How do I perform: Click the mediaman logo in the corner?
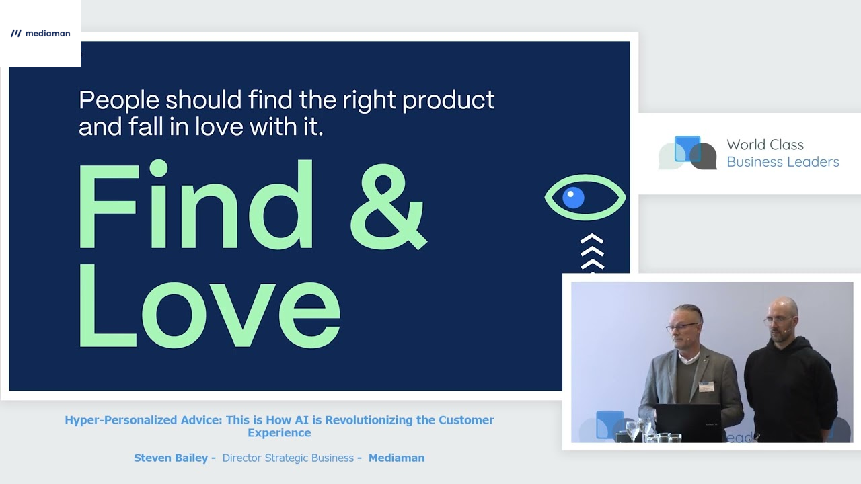tap(40, 33)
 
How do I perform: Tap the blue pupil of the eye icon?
tap(573, 197)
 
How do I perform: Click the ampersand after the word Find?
tap(388, 206)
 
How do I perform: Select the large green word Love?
tap(209, 306)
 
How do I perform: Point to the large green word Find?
tap(195, 206)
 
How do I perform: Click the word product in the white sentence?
tap(448, 101)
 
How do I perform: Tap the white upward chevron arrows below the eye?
tap(592, 253)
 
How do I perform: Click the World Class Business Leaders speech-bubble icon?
tap(687, 153)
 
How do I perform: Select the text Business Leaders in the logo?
tap(782, 162)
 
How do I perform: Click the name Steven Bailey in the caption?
tap(171, 458)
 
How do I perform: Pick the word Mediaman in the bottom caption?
tap(396, 458)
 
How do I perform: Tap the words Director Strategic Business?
tap(288, 458)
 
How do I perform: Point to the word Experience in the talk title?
tap(279, 433)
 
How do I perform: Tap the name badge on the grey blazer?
tap(706, 386)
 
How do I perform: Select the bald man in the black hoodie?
tap(789, 370)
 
